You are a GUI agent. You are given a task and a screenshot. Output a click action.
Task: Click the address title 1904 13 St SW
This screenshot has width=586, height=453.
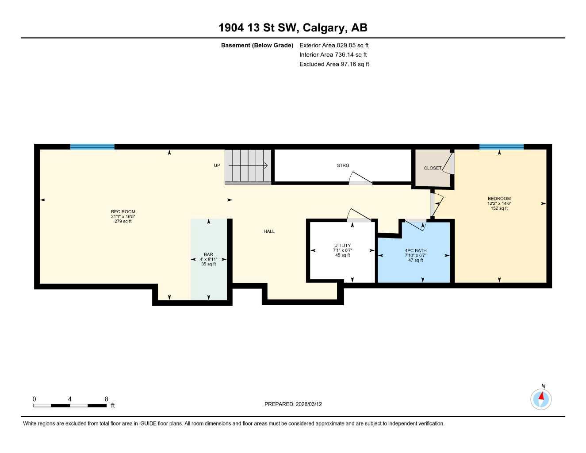click(x=293, y=28)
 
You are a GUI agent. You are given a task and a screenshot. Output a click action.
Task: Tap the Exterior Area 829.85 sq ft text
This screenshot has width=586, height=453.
click(x=334, y=45)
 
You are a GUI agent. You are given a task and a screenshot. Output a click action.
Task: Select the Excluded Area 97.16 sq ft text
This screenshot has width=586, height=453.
click(x=334, y=64)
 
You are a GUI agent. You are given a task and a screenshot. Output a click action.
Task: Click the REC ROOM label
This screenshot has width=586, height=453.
click(x=123, y=212)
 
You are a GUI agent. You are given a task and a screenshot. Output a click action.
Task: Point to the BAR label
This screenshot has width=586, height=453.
click(x=208, y=255)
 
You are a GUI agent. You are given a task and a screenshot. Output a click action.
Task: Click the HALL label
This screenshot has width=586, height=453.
click(x=269, y=231)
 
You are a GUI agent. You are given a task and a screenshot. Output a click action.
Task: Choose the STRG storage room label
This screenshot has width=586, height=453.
click(x=343, y=165)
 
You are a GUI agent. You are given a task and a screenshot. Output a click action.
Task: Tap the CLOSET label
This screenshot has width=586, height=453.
click(x=432, y=168)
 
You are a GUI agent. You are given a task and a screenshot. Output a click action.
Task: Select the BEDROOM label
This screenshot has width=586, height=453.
click(x=499, y=199)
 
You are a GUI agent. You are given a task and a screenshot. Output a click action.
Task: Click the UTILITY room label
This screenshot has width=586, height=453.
click(x=342, y=246)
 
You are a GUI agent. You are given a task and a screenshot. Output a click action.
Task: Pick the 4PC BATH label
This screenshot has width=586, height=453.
click(x=415, y=250)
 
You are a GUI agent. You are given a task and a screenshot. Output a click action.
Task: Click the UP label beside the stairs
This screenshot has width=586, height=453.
click(x=217, y=165)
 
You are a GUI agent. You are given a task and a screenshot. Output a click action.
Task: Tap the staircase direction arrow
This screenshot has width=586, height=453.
click(x=248, y=166)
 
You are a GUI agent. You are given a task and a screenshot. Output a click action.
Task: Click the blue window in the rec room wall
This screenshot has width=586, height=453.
click(x=92, y=147)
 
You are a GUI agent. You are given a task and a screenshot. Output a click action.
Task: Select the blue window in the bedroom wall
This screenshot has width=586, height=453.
click(x=501, y=147)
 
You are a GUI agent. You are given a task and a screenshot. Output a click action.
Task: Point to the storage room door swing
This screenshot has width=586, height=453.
click(x=360, y=178)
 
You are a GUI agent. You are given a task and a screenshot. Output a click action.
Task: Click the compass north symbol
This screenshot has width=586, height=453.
click(x=541, y=399)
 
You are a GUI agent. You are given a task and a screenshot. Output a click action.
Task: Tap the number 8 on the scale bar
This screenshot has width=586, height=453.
click(x=106, y=399)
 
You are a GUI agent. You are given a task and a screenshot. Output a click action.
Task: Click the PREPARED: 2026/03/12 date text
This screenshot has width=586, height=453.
click(x=293, y=404)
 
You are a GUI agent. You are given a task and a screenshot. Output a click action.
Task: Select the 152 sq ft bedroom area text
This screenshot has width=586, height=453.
click(x=499, y=208)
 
